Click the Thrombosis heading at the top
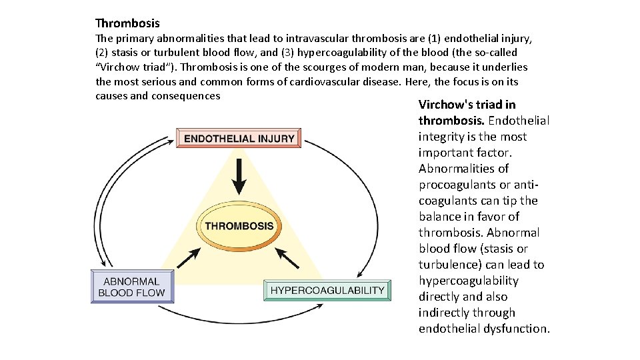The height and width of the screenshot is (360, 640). coord(127,23)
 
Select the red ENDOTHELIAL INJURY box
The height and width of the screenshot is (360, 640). coord(239,139)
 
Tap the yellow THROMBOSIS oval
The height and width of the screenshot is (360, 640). coord(239,226)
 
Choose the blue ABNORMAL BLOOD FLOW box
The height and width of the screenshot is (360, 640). coord(131,287)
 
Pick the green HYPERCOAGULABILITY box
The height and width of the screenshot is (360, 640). coord(327,291)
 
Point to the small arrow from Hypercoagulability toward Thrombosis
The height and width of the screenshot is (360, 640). coord(287,257)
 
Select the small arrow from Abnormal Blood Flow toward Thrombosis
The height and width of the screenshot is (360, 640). coord(188,258)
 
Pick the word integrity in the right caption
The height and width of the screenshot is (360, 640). coord(441,137)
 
